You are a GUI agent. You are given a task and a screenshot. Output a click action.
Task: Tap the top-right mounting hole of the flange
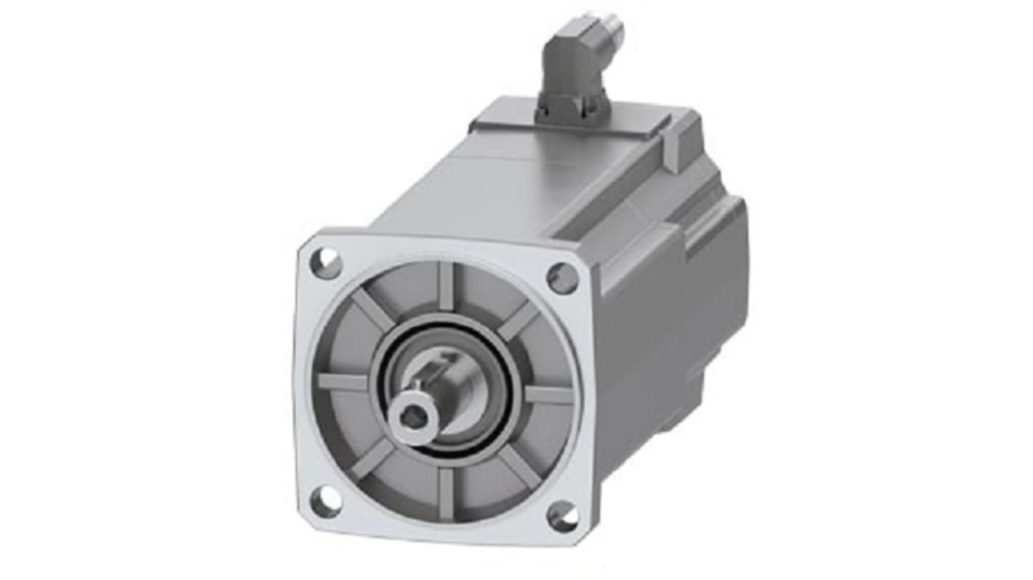click(x=562, y=278)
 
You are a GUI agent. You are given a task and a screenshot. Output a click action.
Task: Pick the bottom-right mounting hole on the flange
click(x=563, y=516)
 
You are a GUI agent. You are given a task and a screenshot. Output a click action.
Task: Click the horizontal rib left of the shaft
click(x=342, y=382)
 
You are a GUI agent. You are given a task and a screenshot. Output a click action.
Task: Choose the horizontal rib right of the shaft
click(x=549, y=395)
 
